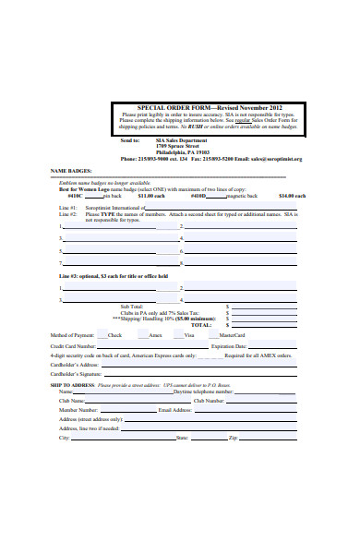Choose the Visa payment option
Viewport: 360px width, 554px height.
click(188, 334)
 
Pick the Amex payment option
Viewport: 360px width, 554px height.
click(155, 334)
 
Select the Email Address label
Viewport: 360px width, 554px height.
click(176, 410)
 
